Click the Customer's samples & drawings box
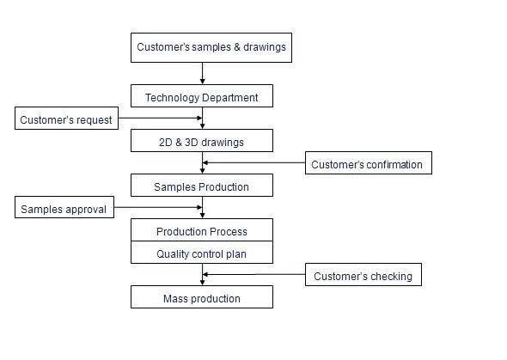pos(211,47)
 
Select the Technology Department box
pos(202,96)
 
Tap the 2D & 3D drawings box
pos(202,141)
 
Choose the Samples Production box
pos(202,186)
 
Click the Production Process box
pos(202,231)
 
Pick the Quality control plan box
pos(202,253)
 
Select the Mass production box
pos(202,298)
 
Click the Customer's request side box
pos(66,119)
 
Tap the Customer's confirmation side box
pos(368,163)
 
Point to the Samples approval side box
pos(64,208)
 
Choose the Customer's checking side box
pos(363,276)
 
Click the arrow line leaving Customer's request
pos(159,119)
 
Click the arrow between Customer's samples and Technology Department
pos(203,73)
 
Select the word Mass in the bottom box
pos(175,298)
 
